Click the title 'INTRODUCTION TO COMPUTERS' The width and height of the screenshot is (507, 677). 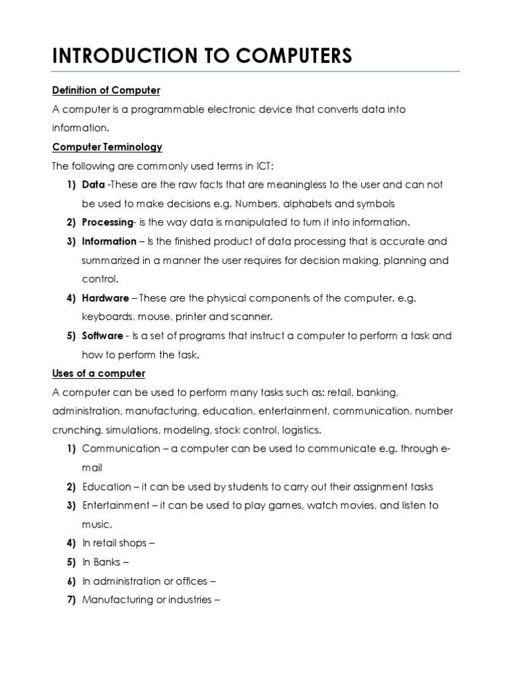tap(202, 56)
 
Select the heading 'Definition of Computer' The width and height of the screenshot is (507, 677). tap(106, 90)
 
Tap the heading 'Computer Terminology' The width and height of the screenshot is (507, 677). tap(107, 147)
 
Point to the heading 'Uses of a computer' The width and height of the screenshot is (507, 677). tap(98, 374)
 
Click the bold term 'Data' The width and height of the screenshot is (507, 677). tap(93, 184)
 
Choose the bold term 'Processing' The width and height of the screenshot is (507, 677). tap(107, 222)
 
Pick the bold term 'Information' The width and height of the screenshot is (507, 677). tap(109, 241)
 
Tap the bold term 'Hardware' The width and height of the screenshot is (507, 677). tap(106, 298)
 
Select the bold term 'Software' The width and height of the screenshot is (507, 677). tap(102, 336)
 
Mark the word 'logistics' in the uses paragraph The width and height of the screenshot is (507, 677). tap(301, 430)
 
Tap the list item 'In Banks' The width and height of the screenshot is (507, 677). tap(105, 563)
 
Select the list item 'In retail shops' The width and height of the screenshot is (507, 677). tap(118, 543)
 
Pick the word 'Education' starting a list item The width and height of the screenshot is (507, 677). tap(106, 487)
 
